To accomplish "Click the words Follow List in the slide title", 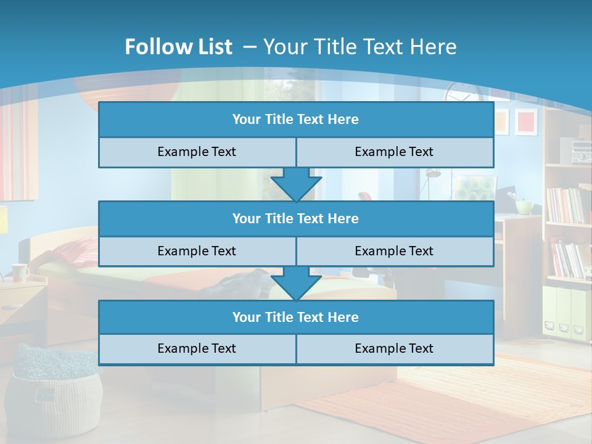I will coord(179,47).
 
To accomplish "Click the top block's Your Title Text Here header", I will coord(295,120).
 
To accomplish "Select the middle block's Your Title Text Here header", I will coord(295,218).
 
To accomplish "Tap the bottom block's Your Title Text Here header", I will coord(295,317).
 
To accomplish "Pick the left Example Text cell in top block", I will coord(197,152).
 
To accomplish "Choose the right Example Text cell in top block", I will coord(394,152).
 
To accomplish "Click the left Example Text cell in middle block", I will coord(197,251).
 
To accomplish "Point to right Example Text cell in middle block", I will coord(394,251).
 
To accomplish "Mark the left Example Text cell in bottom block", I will coord(197,348).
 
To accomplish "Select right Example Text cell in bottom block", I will coord(394,348).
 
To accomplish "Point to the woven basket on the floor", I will coord(55,395).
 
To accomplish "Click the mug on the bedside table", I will coord(20,271).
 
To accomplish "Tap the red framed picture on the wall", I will coord(526,121).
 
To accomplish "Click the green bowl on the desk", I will coord(525,207).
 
